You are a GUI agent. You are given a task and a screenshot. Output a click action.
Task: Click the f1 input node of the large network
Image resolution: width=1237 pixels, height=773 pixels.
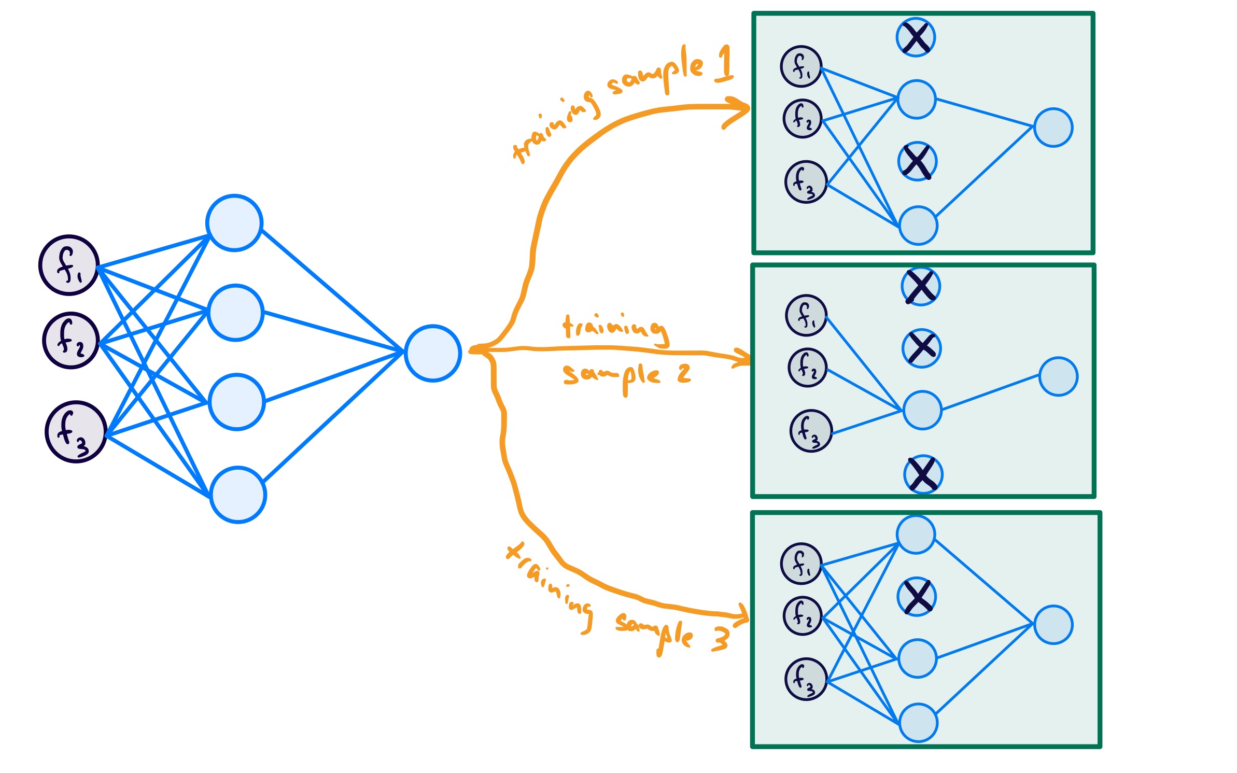[69, 265]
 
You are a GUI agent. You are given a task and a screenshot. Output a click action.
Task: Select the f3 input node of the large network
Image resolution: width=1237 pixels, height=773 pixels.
[76, 431]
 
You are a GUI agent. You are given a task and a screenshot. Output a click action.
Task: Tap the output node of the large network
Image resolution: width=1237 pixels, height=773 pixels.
[432, 354]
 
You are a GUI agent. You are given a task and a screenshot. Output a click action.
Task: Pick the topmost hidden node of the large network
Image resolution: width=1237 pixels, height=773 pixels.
[234, 223]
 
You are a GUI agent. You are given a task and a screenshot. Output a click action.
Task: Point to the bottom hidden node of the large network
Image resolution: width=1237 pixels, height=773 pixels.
[238, 495]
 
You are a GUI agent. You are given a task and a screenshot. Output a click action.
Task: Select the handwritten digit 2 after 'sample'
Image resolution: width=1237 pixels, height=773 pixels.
[684, 373]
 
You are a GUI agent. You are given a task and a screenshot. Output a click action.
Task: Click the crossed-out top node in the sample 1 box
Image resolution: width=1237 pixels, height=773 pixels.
[916, 37]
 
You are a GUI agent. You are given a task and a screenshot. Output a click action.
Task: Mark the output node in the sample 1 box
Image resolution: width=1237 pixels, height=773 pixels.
[1053, 128]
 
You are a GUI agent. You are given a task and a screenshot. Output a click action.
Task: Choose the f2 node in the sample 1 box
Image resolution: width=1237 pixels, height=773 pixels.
[803, 119]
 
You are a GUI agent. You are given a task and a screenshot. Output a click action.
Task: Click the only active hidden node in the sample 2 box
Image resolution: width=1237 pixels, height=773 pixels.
[922, 410]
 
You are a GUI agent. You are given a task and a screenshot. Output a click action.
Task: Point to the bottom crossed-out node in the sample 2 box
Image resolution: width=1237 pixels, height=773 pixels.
[923, 474]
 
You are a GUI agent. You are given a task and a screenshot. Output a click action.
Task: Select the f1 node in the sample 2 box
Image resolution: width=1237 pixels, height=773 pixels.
[806, 315]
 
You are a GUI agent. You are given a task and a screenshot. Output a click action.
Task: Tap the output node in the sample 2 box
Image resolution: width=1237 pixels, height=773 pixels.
[1058, 376]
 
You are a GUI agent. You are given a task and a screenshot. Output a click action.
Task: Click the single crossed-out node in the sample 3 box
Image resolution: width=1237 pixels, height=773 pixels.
[917, 597]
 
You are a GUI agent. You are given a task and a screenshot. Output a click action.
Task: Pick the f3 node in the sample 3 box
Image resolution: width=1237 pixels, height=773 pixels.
[806, 679]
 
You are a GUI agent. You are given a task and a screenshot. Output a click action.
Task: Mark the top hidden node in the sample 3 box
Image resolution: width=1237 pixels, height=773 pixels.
[916, 535]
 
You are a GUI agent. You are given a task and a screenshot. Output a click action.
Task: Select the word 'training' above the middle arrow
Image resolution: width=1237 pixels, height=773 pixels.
[614, 328]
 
